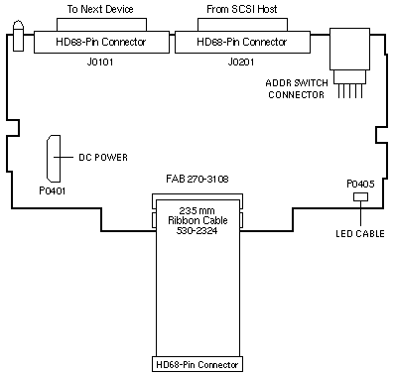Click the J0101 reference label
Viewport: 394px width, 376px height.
click(x=100, y=62)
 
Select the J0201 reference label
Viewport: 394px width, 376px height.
click(x=241, y=62)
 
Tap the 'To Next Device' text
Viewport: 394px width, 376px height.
click(x=100, y=9)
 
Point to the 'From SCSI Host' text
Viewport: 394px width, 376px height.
click(x=242, y=9)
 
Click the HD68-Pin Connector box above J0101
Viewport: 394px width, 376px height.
click(x=101, y=42)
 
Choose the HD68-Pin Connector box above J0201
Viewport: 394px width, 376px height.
click(x=242, y=42)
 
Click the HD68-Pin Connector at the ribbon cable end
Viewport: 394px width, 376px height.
click(x=197, y=364)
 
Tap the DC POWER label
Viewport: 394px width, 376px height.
click(x=103, y=158)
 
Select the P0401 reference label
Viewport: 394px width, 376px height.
click(x=53, y=190)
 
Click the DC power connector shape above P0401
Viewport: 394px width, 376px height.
click(x=54, y=159)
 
